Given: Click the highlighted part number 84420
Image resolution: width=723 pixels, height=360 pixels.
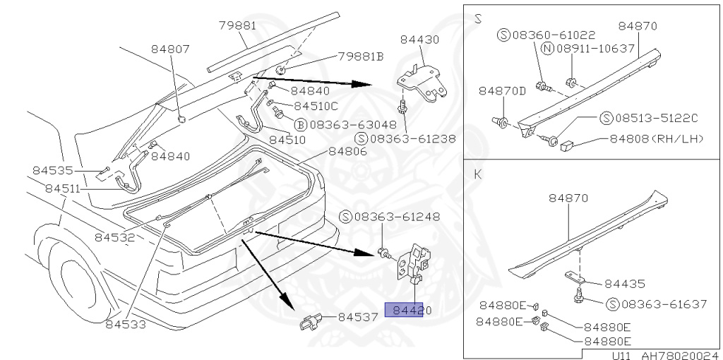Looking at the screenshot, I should pyautogui.click(x=405, y=310).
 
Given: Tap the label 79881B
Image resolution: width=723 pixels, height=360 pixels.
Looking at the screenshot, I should pyautogui.click(x=360, y=56).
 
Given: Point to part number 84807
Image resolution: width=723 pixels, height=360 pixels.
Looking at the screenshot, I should pyautogui.click(x=170, y=49).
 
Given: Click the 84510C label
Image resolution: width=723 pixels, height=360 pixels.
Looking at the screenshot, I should pyautogui.click(x=316, y=106).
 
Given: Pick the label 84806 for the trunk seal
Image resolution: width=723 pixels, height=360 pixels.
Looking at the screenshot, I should pyautogui.click(x=347, y=151).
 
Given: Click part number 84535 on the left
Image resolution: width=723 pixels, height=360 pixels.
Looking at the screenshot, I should pyautogui.click(x=52, y=170).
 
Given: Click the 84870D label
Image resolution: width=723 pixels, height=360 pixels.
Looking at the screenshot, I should pyautogui.click(x=503, y=91).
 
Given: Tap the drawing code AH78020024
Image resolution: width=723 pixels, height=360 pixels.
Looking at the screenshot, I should pyautogui.click(x=679, y=355).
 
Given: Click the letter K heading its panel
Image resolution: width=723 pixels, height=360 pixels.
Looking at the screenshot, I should pyautogui.click(x=478, y=174).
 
